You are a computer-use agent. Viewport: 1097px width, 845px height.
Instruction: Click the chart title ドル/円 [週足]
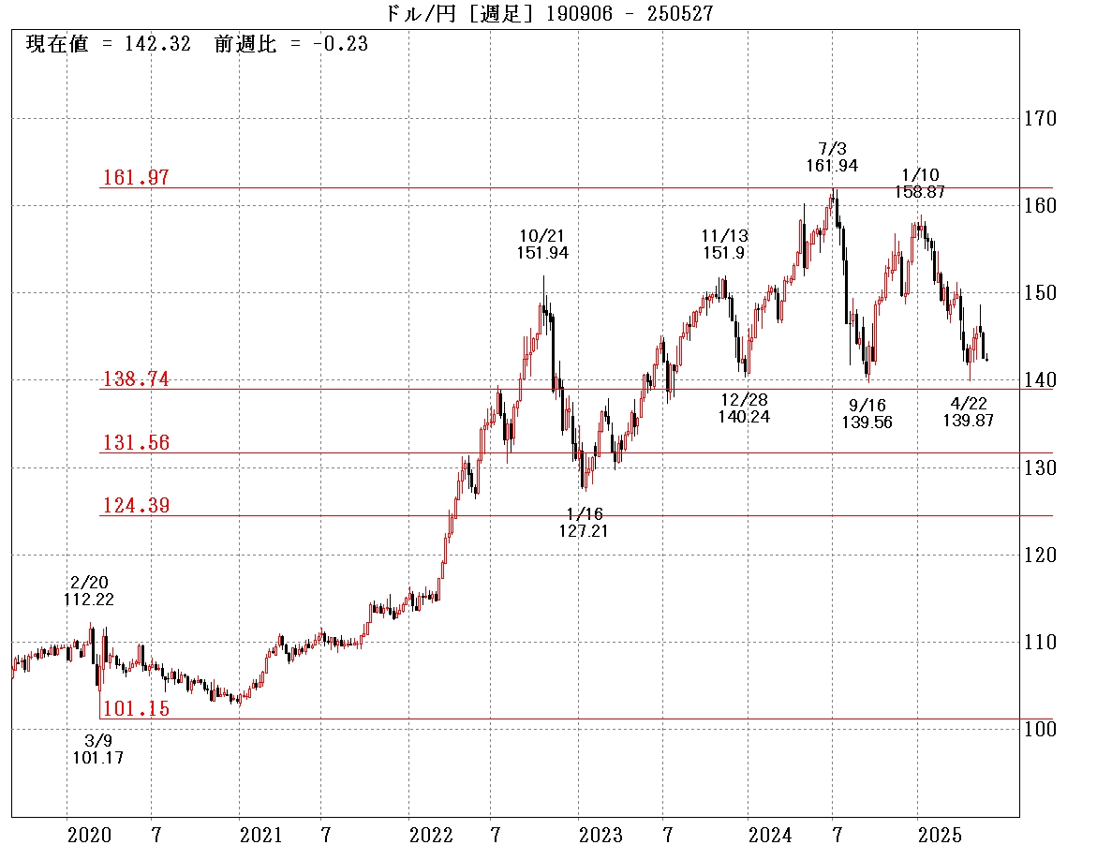click(x=460, y=13)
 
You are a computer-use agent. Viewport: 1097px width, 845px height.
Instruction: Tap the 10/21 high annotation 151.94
click(x=541, y=252)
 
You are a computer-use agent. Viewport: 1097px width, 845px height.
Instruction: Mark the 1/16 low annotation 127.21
click(x=584, y=531)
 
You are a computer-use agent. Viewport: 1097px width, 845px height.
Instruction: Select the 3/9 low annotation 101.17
click(x=97, y=757)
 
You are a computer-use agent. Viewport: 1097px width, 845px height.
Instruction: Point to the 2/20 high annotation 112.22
click(x=89, y=600)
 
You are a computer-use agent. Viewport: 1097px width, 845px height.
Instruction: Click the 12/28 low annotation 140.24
click(x=744, y=417)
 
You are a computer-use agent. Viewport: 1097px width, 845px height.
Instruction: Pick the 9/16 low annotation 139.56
click(x=867, y=422)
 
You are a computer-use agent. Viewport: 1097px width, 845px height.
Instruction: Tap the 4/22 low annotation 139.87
click(x=968, y=421)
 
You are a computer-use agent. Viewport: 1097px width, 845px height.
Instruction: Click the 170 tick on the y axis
click(x=1039, y=119)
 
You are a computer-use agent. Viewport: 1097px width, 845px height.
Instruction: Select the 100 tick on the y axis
click(x=1039, y=729)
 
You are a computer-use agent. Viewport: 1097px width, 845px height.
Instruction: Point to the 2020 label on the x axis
click(x=90, y=834)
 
